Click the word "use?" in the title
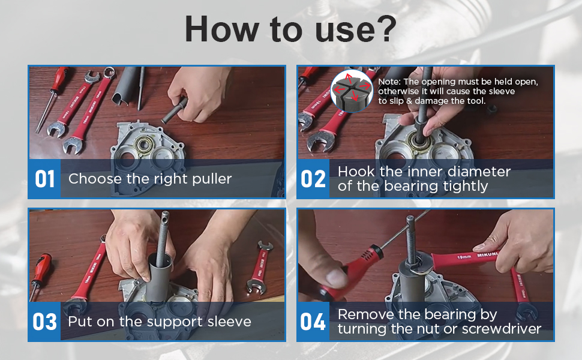[356, 29]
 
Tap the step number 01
[45, 179]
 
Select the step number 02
[313, 179]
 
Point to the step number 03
[44, 322]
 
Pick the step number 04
[313, 322]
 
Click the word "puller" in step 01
[212, 179]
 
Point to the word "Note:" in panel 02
[389, 82]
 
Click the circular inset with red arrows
[351, 91]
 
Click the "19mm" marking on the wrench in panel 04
[464, 257]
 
